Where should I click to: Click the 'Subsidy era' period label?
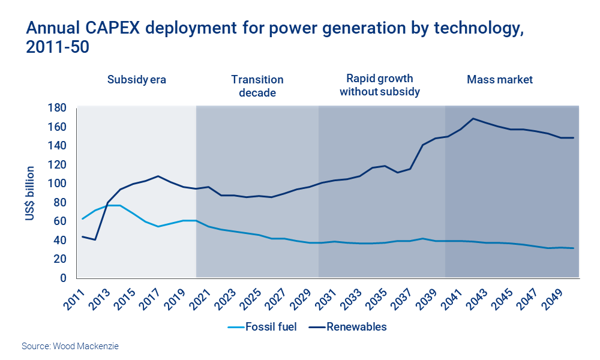[136, 79]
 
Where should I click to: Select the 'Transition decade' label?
[257, 86]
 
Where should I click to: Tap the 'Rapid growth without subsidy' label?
[379, 85]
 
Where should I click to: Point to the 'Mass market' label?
[499, 79]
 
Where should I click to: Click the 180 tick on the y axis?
[58, 108]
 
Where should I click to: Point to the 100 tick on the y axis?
[58, 184]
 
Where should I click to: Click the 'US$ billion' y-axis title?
[31, 193]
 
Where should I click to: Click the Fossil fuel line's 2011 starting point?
[82, 219]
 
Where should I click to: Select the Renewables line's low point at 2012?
[95, 240]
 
